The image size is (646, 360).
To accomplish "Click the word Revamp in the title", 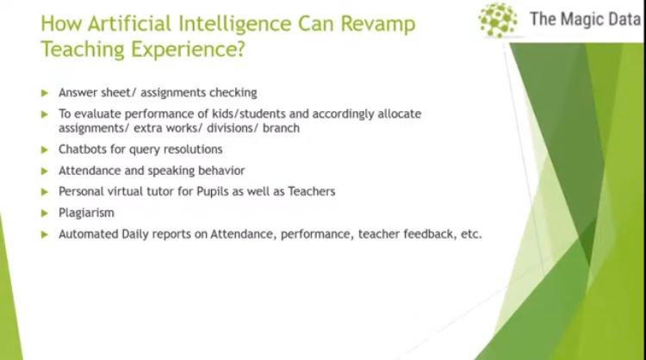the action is (378, 24).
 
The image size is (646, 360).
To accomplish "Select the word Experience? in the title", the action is (188, 50).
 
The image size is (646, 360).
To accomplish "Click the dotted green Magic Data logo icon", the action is (498, 20).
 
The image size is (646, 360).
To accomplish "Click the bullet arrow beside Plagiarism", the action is (45, 214).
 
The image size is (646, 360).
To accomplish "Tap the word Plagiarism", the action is (86, 213).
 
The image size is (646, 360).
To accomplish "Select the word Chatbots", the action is (83, 149).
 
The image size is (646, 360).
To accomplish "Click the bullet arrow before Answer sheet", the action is (45, 93).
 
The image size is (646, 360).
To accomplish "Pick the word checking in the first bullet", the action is (233, 93).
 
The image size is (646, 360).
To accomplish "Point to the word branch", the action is (281, 128).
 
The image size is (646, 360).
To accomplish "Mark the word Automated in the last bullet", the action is (88, 234).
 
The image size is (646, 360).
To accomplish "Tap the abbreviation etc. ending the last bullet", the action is (471, 234).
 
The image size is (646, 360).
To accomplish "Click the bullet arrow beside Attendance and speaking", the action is (45, 171).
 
